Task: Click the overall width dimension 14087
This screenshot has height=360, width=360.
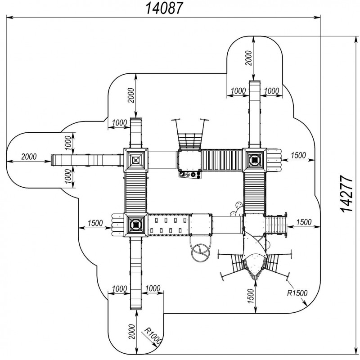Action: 164,9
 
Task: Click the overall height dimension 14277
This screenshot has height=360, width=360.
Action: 346,194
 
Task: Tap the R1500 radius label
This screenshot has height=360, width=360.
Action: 297,293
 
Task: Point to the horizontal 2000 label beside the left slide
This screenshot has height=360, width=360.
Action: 29,157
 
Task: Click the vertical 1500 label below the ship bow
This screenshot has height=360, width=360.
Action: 251,296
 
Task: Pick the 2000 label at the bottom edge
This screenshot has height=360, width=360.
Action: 132,332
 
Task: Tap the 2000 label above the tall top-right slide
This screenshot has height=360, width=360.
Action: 248,58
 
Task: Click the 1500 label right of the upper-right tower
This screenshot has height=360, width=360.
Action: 298,155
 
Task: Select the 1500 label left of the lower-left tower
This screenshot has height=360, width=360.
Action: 95,223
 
